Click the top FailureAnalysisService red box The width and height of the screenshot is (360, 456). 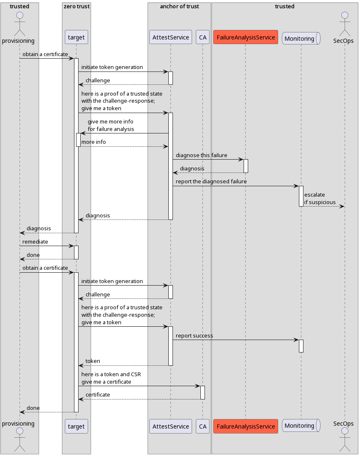[x=245, y=37]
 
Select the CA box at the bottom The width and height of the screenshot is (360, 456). [x=202, y=426]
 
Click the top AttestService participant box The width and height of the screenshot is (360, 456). [x=170, y=37]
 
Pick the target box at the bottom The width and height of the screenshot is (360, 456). [x=76, y=426]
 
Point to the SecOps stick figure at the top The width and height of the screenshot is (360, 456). [x=344, y=23]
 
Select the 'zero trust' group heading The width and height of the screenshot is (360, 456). [x=76, y=7]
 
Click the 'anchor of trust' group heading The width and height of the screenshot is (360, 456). [x=179, y=7]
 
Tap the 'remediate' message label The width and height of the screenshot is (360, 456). [x=35, y=242]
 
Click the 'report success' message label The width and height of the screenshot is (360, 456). [x=194, y=335]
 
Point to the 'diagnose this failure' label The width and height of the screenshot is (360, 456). [x=201, y=155]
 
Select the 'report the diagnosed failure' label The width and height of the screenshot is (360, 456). [x=211, y=182]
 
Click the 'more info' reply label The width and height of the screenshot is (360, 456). [x=94, y=142]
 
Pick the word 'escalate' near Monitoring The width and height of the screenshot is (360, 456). [x=314, y=195]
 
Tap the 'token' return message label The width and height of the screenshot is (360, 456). [x=93, y=361]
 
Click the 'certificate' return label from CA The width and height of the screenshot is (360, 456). [x=98, y=395]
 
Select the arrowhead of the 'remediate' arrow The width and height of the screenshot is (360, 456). [x=72, y=246]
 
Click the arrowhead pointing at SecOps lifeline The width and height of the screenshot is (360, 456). [x=342, y=206]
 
